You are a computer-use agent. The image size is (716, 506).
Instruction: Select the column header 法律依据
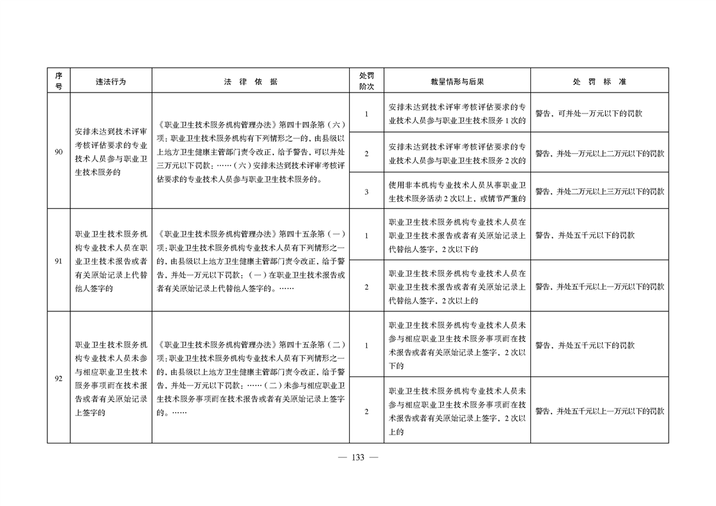(250, 82)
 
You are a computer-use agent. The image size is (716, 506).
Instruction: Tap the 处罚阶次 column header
(366, 81)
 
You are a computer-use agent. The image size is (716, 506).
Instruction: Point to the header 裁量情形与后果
(457, 82)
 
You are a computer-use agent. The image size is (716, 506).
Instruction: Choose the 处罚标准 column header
(599, 82)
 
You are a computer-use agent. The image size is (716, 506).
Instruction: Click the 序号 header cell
(58, 81)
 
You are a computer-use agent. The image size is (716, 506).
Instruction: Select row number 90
(58, 152)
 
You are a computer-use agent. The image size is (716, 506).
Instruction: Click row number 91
(58, 261)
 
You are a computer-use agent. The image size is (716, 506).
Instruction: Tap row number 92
(58, 378)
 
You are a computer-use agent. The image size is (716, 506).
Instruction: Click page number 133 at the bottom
(357, 458)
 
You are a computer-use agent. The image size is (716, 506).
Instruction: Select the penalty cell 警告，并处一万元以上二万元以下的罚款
(599, 153)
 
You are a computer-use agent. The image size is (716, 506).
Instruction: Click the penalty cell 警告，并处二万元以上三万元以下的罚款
(599, 191)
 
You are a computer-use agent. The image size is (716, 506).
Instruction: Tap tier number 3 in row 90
(366, 191)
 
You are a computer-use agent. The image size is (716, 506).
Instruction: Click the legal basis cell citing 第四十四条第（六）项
(250, 152)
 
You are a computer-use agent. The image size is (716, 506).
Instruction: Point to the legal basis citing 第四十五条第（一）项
(250, 261)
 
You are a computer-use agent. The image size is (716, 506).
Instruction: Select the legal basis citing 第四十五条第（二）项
(250, 378)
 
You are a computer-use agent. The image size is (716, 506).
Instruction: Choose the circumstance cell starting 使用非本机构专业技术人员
(457, 191)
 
